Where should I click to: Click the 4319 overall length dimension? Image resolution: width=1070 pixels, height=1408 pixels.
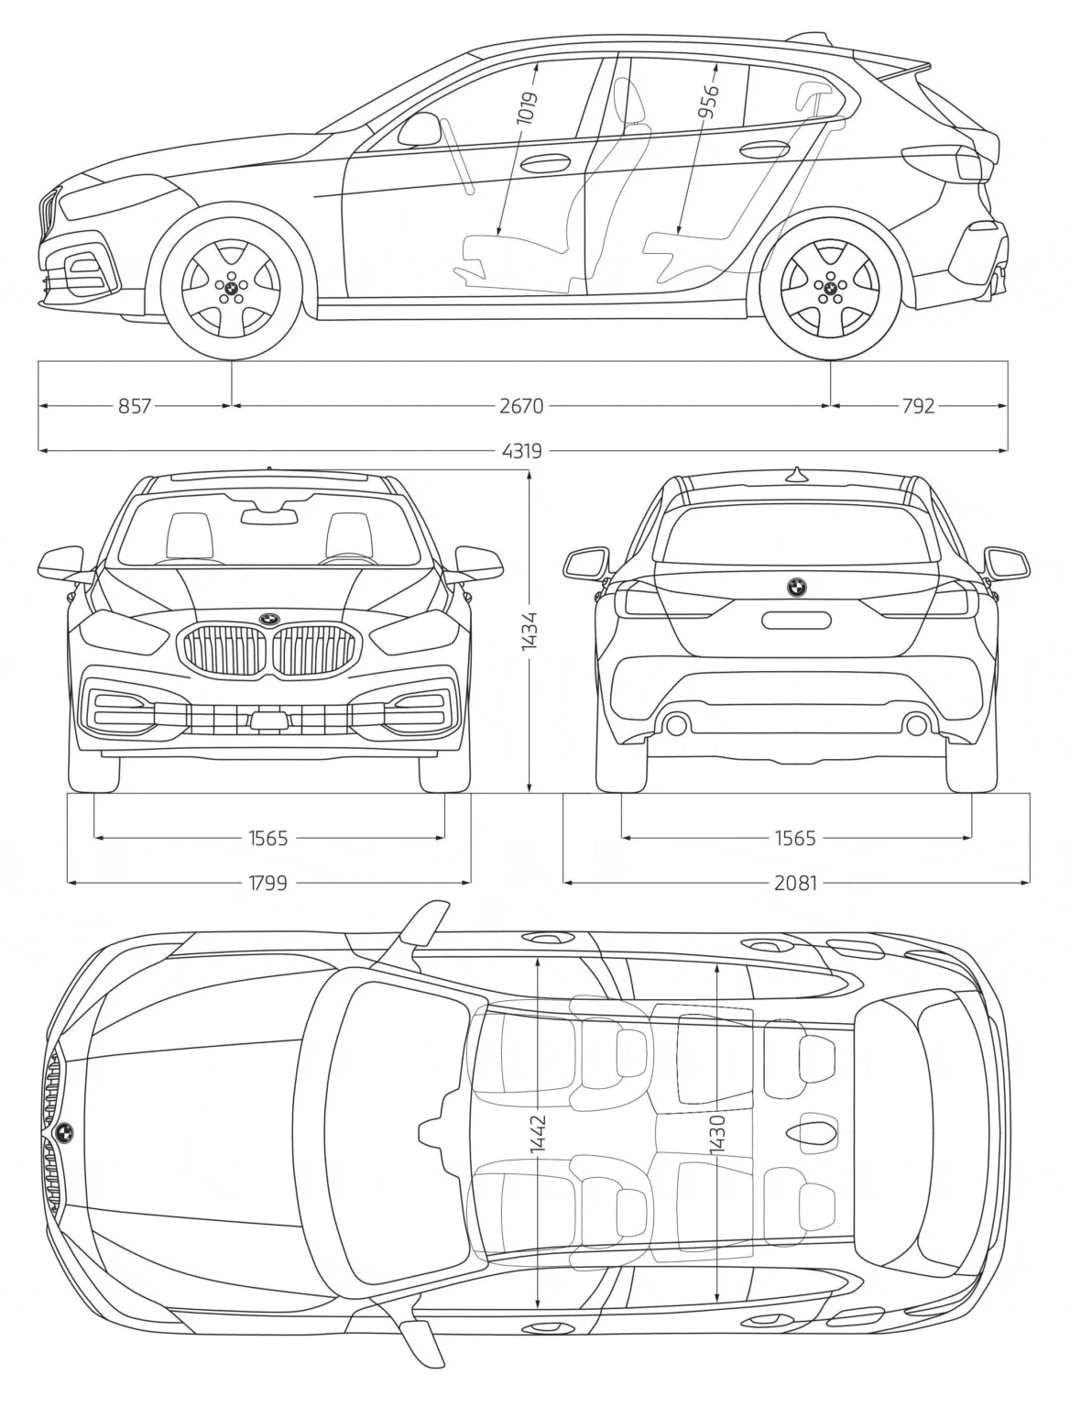(523, 450)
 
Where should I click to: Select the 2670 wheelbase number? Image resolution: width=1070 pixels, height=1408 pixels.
(523, 405)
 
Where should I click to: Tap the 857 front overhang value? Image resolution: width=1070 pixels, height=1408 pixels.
(134, 405)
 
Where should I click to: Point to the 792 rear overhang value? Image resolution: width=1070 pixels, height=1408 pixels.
(917, 405)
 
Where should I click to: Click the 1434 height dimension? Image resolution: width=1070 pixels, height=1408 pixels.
(530, 632)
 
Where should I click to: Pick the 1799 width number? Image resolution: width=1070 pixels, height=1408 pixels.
(267, 883)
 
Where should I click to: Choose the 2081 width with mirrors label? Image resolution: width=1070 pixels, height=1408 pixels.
(795, 883)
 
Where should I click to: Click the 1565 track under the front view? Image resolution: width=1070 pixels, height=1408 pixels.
(267, 837)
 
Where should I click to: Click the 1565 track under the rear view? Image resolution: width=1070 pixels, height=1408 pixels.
(795, 837)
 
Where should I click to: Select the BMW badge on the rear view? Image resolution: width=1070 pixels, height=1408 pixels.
(794, 588)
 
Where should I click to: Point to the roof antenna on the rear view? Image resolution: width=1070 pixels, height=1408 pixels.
(796, 473)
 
